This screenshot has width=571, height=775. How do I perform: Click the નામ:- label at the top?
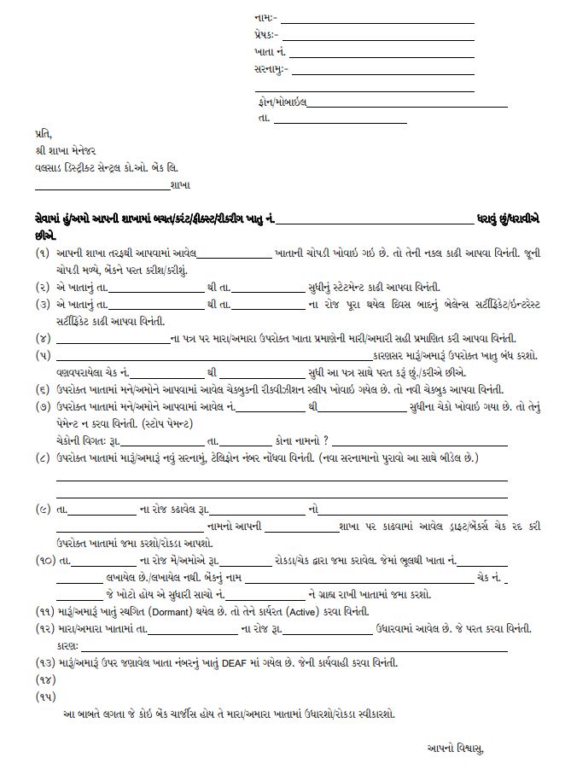point(265,17)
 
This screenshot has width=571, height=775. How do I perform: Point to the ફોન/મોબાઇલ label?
point(281,102)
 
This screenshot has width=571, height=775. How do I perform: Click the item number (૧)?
point(42,254)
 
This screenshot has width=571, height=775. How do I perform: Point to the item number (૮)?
point(42,459)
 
